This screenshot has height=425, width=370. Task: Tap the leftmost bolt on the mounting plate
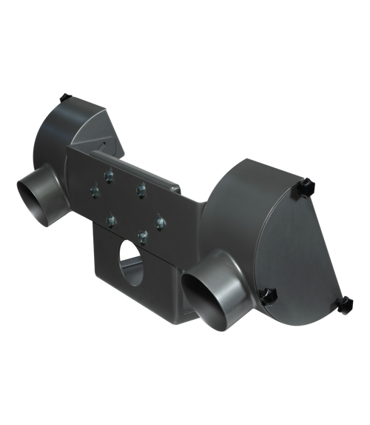pos(91,192)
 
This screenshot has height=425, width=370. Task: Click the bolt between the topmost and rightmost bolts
pos(138,190)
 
